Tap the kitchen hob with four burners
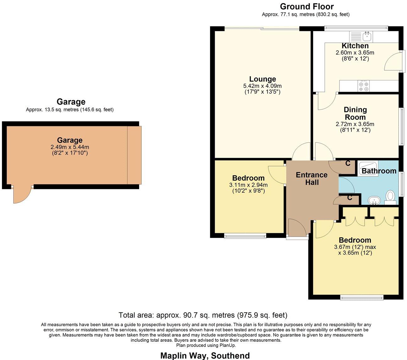pos(364,86)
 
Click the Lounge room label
pos(263,79)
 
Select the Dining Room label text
pos(355,113)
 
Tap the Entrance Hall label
pos(312,179)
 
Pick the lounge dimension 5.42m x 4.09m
pos(262,86)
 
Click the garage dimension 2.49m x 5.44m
pos(70,147)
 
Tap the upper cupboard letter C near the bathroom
pos(348,163)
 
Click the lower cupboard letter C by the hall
pos(349,198)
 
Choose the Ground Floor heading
pos(307,6)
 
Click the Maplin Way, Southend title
pos(205,355)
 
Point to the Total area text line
pos(203,315)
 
